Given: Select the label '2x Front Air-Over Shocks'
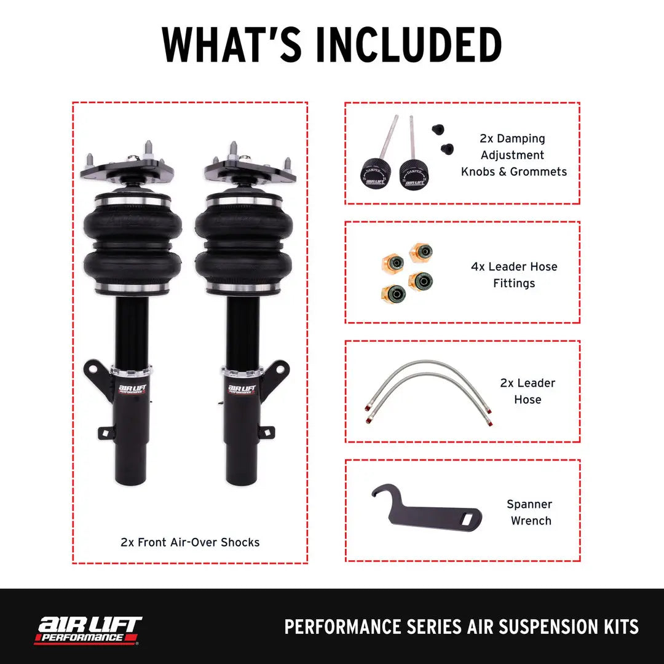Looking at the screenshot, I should coord(190,542).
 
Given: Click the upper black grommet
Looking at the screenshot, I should coord(438,128).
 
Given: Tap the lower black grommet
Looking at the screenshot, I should coord(447,148).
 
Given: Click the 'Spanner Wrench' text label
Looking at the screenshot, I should coord(529,512).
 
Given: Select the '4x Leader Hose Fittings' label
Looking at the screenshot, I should coord(514,275).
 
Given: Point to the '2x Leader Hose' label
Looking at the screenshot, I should coord(528,391).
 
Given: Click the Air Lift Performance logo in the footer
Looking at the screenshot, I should coord(88,630).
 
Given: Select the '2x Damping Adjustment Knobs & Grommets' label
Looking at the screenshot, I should coord(513,156).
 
